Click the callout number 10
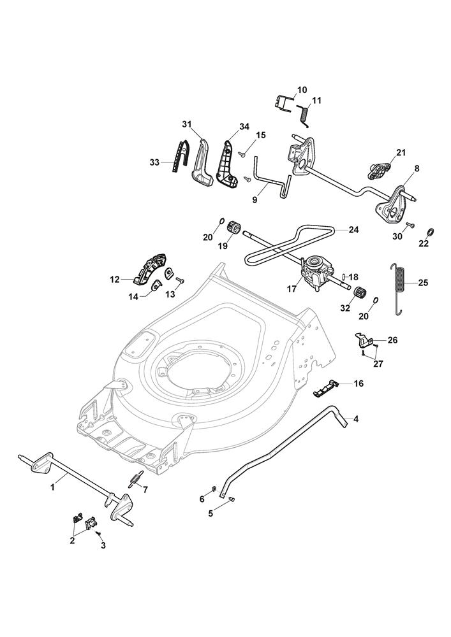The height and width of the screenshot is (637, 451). [x=302, y=89]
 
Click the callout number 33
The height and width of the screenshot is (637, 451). [x=155, y=162]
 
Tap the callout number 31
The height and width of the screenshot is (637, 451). [x=187, y=123]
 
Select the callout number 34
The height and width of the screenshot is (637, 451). [x=226, y=127]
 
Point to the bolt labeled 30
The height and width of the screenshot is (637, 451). [x=410, y=225]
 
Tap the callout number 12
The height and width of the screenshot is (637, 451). [x=115, y=279]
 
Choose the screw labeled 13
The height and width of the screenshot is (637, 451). [x=179, y=280]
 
